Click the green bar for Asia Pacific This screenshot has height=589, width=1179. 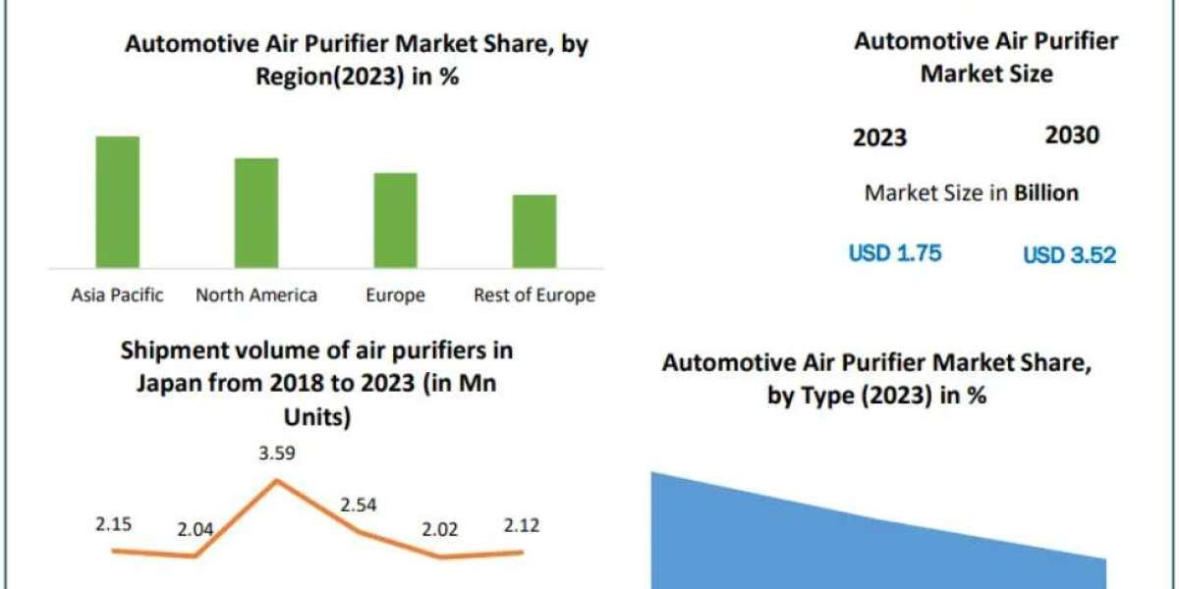pyautogui.click(x=118, y=201)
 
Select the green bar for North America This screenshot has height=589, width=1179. pyautogui.click(x=256, y=212)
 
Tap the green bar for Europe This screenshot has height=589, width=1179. pyautogui.click(x=395, y=220)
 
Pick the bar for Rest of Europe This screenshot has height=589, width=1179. pyautogui.click(x=534, y=231)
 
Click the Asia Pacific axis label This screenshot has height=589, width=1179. pyautogui.click(x=118, y=294)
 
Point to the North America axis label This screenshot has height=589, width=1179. pyautogui.click(x=256, y=294)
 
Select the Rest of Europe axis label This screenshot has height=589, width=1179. pyautogui.click(x=534, y=294)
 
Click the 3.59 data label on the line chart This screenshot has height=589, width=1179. pyautogui.click(x=276, y=454)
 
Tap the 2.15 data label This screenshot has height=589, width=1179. pyautogui.click(x=114, y=524)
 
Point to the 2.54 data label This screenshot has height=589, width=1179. pyautogui.click(x=358, y=506)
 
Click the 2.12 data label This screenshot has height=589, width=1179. pyautogui.click(x=520, y=525)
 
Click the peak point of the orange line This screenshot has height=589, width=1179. pyautogui.click(x=277, y=480)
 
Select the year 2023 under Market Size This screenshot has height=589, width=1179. pyautogui.click(x=879, y=137)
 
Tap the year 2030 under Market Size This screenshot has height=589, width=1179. pyautogui.click(x=1072, y=135)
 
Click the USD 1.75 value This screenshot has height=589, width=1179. pyautogui.click(x=895, y=253)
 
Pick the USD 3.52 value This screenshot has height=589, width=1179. pyautogui.click(x=1069, y=256)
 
